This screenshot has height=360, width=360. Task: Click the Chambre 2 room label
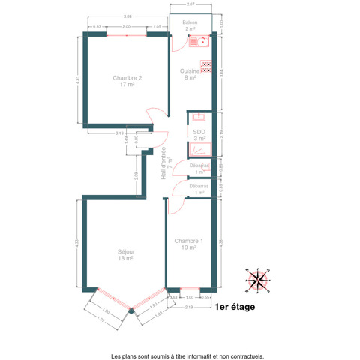pyautogui.click(x=127, y=81)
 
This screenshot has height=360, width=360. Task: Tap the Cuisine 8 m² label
pyautogui.click(x=188, y=73)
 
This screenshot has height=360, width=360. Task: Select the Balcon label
pyautogui.click(x=190, y=25)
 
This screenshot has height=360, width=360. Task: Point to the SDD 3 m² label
pyautogui.click(x=199, y=135)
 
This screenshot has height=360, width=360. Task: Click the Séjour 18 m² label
pyautogui.click(x=125, y=254)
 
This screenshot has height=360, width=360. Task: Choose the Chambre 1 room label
pyautogui.click(x=185, y=244)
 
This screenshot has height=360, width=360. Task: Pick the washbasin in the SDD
pyautogui.click(x=198, y=117)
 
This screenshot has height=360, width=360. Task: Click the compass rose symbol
pyautogui.click(x=258, y=279)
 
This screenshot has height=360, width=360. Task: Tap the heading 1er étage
pyautogui.click(x=235, y=307)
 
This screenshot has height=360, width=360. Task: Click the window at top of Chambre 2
pyautogui.click(x=126, y=34)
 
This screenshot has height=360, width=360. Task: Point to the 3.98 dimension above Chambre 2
pyautogui.click(x=127, y=16)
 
